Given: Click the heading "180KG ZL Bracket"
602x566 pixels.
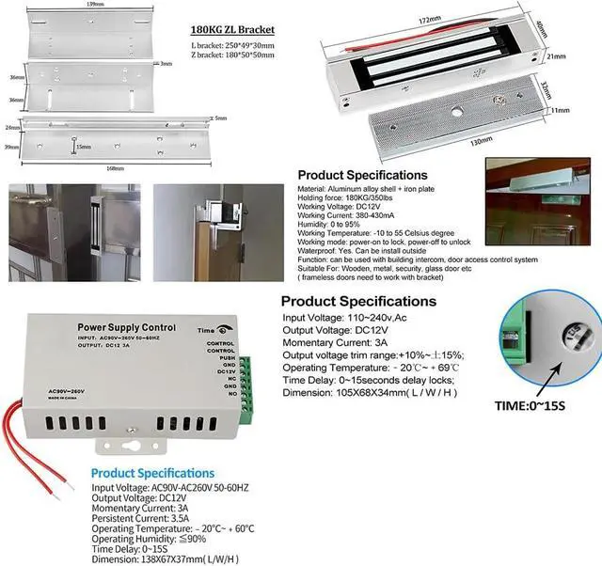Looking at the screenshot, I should point(231,27).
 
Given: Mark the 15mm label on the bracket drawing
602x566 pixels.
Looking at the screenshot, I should point(85,146).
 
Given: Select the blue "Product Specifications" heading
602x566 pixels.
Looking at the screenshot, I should point(152,473).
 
